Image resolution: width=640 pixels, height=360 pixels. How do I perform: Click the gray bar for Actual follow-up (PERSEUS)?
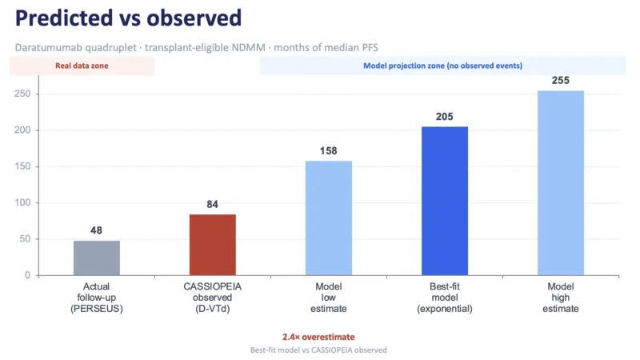click(97, 258)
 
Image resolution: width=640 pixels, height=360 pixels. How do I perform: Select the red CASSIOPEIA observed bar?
click(213, 245)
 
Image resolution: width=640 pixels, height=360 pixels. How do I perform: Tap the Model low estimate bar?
click(329, 218)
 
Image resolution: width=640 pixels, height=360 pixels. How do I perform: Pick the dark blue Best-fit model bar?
click(445, 202)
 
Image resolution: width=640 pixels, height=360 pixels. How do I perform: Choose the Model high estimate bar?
click(561, 183)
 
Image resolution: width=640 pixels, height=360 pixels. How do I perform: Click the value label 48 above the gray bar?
click(96, 230)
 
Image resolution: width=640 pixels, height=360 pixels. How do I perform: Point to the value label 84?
click(212, 204)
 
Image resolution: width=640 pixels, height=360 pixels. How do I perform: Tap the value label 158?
click(329, 151)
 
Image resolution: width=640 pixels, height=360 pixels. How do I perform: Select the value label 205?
click(445, 117)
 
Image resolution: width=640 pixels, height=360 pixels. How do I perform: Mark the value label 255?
click(561, 81)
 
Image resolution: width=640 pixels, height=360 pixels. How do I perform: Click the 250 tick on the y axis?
click(22, 94)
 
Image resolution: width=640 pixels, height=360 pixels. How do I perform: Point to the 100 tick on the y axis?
click(22, 203)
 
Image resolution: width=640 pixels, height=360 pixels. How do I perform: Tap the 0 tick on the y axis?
click(27, 275)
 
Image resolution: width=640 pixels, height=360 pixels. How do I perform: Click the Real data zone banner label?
click(82, 66)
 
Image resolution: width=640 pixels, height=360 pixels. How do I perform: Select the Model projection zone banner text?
click(443, 66)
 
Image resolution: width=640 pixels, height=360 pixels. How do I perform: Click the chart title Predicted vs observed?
click(128, 18)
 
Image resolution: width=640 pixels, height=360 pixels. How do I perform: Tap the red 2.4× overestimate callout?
click(318, 337)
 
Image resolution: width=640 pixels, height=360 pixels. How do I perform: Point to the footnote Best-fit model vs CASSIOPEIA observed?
click(318, 350)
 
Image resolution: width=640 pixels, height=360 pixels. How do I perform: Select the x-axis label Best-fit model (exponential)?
click(445, 298)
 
